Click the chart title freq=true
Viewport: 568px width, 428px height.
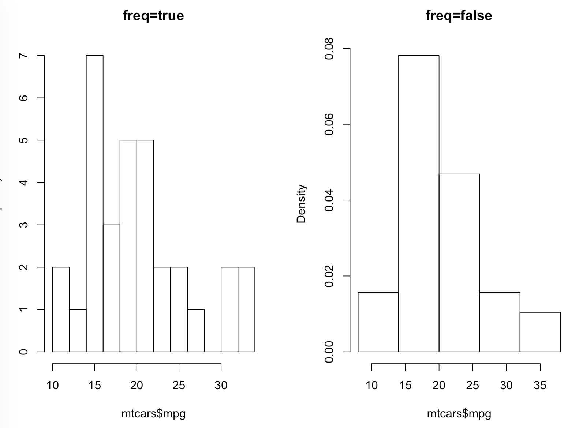tap(153, 16)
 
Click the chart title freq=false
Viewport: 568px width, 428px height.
tap(459, 16)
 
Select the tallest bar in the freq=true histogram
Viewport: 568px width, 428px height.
tap(94, 203)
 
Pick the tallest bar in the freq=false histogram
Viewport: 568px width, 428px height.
tap(418, 203)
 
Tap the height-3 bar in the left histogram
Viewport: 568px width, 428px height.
tap(111, 288)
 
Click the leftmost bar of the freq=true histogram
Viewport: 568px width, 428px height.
tap(61, 309)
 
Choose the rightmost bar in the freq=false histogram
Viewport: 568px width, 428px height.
tap(540, 332)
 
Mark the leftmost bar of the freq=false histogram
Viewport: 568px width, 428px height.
tap(378, 322)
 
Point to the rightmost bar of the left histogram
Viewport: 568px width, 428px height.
tap(246, 309)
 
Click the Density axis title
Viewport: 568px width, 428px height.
tap(301, 204)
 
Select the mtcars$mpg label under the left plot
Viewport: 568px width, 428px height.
tap(153, 414)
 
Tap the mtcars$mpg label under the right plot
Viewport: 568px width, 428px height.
tap(459, 414)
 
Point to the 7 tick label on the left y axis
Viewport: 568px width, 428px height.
tap(24, 56)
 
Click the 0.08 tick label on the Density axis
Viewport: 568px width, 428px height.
tap(329, 49)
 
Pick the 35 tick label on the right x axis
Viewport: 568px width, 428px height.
tap(540, 385)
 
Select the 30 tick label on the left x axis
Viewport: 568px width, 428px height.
tap(221, 385)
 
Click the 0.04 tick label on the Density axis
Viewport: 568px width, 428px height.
tap(329, 200)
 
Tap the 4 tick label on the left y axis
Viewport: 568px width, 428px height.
tap(24, 183)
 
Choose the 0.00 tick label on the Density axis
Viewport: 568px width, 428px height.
tap(329, 352)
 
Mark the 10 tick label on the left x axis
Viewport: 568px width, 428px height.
tap(53, 385)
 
